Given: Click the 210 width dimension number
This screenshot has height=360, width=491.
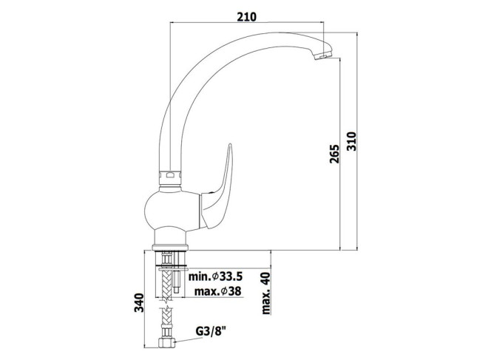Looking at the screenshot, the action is (246, 17).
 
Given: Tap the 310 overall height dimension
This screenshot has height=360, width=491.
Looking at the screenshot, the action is (351, 141).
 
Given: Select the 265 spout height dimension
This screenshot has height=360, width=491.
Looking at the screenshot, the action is (334, 154).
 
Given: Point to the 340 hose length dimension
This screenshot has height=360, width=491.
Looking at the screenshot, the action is (139, 302).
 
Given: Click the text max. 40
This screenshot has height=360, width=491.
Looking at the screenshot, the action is (265, 293).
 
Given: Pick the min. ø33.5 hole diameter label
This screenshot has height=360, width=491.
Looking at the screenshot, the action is (215, 276).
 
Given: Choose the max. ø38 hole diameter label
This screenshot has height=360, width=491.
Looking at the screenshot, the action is (218, 291).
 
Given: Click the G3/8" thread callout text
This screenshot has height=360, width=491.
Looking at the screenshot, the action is (211, 331).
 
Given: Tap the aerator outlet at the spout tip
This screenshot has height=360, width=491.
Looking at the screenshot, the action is (322, 56).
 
